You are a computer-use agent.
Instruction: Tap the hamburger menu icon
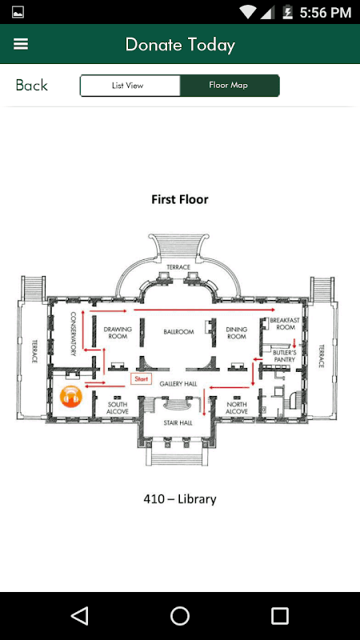21,44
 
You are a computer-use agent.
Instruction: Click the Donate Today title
180,45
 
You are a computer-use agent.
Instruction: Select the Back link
31,86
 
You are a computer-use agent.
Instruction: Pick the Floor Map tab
230,86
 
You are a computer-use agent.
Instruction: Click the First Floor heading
180,199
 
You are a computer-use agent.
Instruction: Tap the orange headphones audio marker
71,396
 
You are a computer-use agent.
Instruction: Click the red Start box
142,378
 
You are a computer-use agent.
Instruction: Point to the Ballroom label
178,332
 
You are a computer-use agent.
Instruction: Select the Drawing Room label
118,333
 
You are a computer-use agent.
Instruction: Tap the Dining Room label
237,333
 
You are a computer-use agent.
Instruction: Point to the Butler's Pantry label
285,355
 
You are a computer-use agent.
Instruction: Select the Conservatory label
74,334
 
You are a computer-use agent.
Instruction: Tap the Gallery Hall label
178,384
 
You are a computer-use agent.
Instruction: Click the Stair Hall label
178,423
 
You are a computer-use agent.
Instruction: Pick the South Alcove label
118,408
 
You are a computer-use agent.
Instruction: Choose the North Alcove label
237,408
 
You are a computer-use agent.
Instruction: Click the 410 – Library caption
180,498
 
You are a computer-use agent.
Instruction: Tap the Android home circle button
180,615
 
